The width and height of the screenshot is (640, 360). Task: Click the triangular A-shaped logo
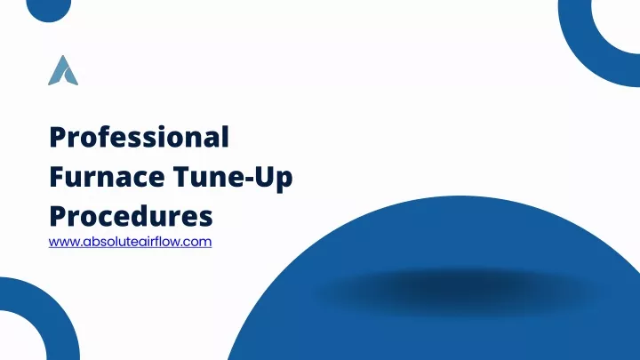[63, 71]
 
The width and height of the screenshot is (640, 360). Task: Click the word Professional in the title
[140, 137]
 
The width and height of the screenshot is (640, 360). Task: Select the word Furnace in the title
[107, 177]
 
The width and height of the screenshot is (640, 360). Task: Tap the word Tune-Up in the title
[233, 178]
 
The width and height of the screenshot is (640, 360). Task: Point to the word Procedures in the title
[131, 216]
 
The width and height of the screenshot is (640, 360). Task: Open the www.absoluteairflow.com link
[130, 242]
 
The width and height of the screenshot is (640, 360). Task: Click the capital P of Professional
[58, 137]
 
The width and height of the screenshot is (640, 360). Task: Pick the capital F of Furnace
[57, 177]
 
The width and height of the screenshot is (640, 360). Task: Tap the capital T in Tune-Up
[182, 177]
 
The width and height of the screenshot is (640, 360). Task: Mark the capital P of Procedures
[58, 216]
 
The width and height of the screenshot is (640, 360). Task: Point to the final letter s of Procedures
[205, 220]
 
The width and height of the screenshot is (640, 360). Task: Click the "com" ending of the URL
[200, 242]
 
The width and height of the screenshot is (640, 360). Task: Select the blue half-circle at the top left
[49, 11]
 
